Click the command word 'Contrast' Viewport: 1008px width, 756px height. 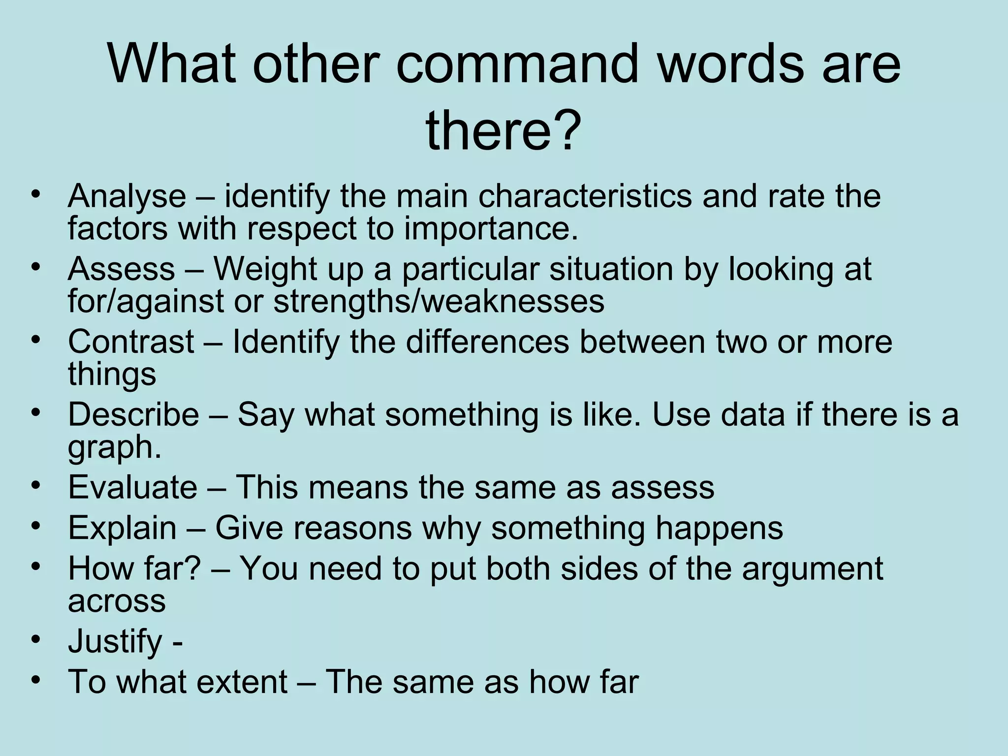tap(131, 342)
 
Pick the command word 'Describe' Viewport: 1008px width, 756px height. tap(133, 414)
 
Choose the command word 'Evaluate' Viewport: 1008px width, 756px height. tap(132, 487)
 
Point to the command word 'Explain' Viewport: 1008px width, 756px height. tap(122, 528)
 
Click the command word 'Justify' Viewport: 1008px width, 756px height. tap(115, 641)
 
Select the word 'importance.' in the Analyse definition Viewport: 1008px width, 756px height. tap(491, 229)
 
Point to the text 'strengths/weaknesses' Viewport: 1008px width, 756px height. tap(439, 301)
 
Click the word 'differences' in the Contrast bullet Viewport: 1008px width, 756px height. tap(487, 342)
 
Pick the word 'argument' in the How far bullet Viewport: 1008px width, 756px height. tap(813, 568)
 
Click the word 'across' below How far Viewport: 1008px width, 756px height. tap(117, 601)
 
